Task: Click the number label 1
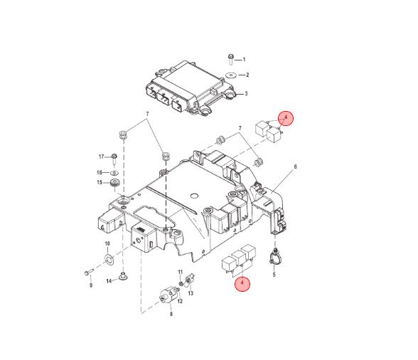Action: (244, 59)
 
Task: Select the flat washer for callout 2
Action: (231, 74)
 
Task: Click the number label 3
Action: (245, 93)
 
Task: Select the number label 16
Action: (100, 172)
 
